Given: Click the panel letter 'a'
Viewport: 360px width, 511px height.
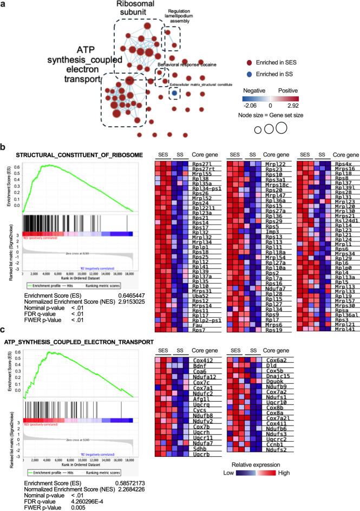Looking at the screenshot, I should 4,5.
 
